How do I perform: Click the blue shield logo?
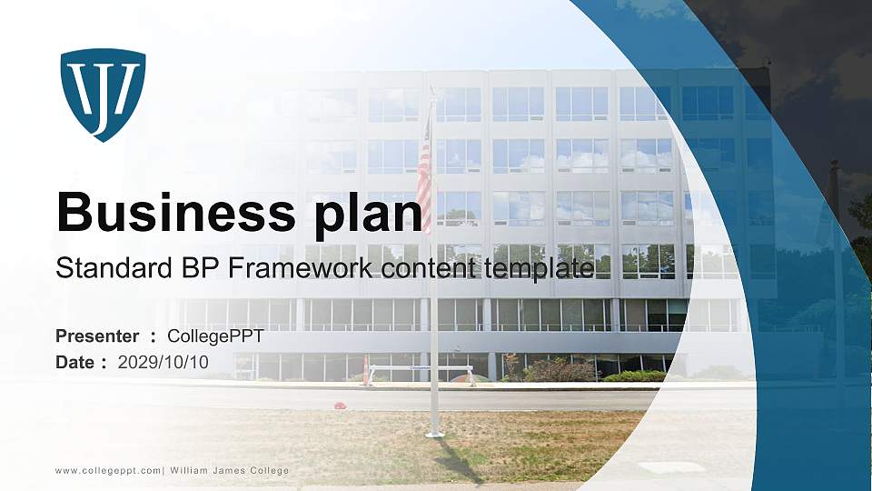103,94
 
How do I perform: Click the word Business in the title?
170,212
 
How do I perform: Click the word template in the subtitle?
538,269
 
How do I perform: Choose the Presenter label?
97,336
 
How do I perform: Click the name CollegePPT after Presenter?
215,336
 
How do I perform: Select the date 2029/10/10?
163,362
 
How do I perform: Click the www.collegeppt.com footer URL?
108,470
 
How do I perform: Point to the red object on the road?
340,405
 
